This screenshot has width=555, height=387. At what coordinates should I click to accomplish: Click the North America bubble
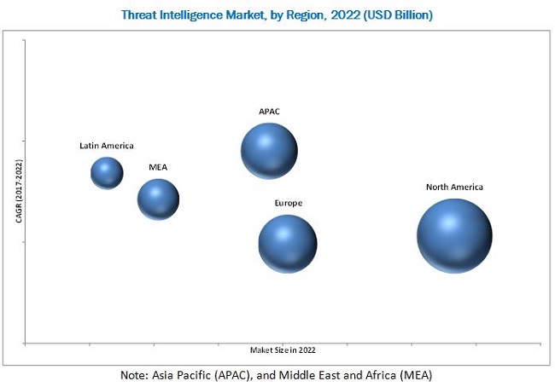[454, 235]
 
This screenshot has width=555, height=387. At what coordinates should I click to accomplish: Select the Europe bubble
[288, 244]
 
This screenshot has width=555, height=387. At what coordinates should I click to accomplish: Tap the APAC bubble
[269, 151]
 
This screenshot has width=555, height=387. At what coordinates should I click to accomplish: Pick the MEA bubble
[159, 199]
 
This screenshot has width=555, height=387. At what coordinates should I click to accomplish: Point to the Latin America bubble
[107, 173]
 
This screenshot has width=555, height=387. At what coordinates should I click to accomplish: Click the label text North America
[455, 187]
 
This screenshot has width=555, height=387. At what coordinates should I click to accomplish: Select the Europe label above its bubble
[288, 203]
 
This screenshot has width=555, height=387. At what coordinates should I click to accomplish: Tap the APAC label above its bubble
[269, 111]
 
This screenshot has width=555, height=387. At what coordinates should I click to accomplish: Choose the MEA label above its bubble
[159, 167]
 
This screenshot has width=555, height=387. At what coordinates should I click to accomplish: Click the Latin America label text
[107, 146]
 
